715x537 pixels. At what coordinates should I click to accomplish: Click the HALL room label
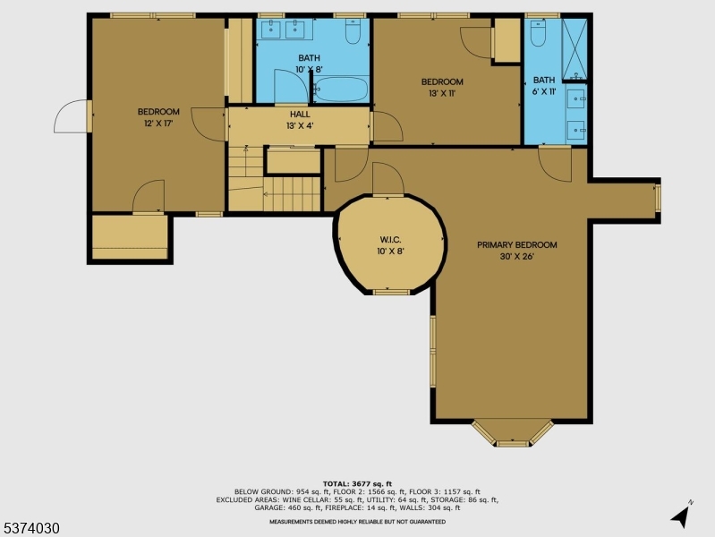[x=300, y=114]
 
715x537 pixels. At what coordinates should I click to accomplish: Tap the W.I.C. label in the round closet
[x=390, y=240]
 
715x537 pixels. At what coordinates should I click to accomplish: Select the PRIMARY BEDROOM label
[x=516, y=245]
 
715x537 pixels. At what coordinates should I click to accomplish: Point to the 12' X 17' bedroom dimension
[x=158, y=124]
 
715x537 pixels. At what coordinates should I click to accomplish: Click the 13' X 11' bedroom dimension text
[x=442, y=94]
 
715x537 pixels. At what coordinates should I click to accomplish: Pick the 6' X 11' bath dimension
[x=544, y=91]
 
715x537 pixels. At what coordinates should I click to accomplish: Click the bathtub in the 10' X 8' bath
[x=341, y=89]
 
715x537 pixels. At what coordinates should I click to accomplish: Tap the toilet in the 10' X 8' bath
[x=353, y=31]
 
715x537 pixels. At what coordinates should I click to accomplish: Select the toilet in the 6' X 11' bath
[x=538, y=33]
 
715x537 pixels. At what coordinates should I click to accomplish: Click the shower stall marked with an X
[x=575, y=50]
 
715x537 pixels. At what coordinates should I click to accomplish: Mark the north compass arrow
[x=680, y=516]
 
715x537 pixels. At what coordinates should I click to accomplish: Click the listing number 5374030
[x=30, y=528]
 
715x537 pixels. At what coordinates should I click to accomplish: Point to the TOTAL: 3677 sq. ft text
[x=358, y=483]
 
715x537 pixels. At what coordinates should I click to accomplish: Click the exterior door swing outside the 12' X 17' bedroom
[x=71, y=115]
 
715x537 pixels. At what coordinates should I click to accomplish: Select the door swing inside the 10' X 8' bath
[x=292, y=86]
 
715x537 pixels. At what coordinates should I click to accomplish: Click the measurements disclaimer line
[x=358, y=522]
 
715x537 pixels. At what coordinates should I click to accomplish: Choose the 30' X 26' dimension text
[x=516, y=256]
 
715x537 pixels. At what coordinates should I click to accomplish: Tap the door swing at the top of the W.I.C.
[x=388, y=178]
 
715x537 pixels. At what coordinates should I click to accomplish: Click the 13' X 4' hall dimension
[x=300, y=126]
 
